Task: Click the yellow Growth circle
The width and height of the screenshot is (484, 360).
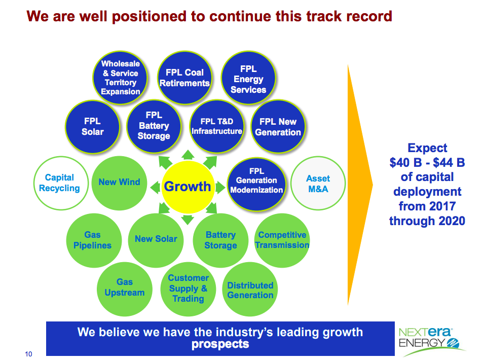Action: [x=188, y=187]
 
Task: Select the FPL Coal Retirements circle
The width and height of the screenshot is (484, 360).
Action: [x=184, y=78]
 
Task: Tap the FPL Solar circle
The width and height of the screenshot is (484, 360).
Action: [x=93, y=127]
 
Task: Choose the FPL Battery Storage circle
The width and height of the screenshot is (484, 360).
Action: [x=154, y=126]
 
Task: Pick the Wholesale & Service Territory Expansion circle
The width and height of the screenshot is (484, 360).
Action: [x=121, y=78]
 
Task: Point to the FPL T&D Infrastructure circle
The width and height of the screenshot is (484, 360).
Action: [x=217, y=126]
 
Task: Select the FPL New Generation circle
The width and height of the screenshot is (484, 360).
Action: [x=278, y=126]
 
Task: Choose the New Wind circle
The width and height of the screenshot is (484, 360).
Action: [x=119, y=183]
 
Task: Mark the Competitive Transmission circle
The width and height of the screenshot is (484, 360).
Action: [x=282, y=240]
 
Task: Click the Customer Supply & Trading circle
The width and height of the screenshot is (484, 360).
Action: [x=188, y=289]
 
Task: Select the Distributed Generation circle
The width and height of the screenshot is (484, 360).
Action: [x=250, y=289]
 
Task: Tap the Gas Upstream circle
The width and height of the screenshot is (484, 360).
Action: [x=124, y=289]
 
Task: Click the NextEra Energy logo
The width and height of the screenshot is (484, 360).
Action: [x=431, y=341]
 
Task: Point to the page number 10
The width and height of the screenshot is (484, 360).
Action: [x=28, y=354]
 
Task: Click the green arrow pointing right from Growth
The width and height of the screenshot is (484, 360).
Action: [x=220, y=188]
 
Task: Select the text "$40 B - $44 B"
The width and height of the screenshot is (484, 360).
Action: [x=427, y=162]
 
